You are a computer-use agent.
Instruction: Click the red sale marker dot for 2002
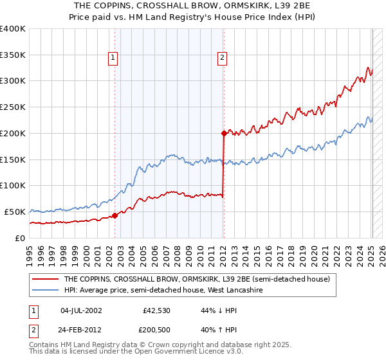(115, 216)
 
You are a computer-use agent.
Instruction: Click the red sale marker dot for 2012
(224, 133)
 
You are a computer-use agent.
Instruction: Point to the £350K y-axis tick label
(13, 55)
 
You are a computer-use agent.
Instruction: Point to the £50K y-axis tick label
(15, 212)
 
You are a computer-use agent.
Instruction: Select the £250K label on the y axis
(13, 107)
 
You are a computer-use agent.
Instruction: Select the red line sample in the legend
(45, 279)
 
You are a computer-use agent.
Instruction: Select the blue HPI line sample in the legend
(45, 291)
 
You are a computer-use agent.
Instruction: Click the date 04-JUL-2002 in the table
(81, 310)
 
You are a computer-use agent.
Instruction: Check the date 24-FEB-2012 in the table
(81, 331)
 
